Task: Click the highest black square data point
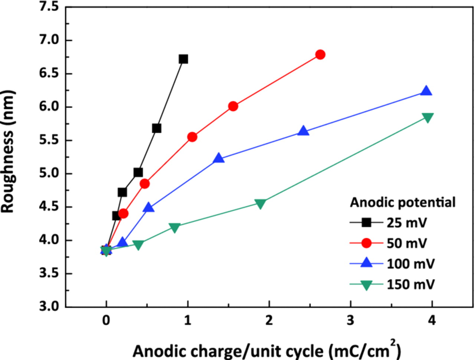pos(183,59)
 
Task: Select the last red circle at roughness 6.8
pos(320,55)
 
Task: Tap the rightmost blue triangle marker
pos(426,91)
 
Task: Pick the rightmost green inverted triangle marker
pos(427,118)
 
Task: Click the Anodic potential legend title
pos(403,202)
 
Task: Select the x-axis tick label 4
pos(432,320)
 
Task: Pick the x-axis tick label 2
pos(269,320)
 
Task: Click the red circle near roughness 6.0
pos(233,106)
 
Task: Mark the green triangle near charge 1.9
pos(260,204)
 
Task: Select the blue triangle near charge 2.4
pos(303,131)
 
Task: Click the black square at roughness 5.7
pos(157,128)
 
